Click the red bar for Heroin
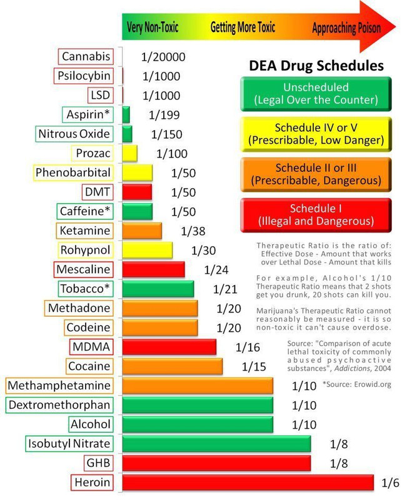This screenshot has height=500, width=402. [x=248, y=482]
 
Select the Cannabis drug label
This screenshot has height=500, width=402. [x=86, y=57]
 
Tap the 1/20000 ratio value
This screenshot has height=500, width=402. [x=163, y=57]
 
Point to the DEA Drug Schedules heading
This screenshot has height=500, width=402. [x=316, y=66]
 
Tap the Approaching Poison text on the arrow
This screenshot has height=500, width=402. [x=346, y=28]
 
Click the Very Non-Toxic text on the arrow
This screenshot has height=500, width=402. [x=153, y=28]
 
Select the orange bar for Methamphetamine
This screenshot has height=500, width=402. [x=198, y=386]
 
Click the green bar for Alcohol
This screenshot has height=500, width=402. [x=198, y=424]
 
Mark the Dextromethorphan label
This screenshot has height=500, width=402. [x=59, y=405]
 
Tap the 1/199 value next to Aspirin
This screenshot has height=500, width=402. [x=164, y=115]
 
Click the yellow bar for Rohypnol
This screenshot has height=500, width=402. [x=148, y=251]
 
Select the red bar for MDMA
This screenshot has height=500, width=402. [x=169, y=347]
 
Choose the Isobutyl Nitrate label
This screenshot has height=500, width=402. [x=69, y=444]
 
